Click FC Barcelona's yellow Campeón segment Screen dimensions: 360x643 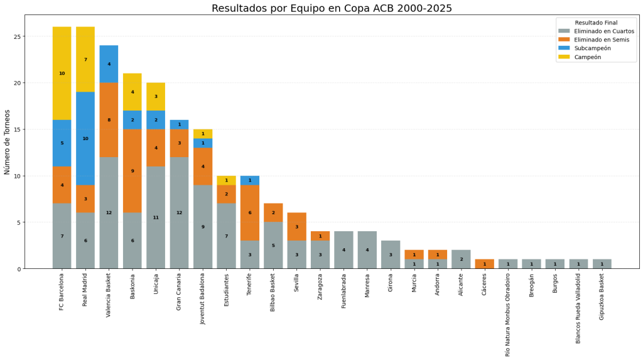[x=62, y=73]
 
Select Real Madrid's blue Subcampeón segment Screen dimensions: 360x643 [x=85, y=138]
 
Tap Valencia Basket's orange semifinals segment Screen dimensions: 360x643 [x=109, y=119]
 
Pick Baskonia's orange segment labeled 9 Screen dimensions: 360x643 [x=132, y=170]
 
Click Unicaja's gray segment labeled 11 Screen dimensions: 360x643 [x=156, y=217]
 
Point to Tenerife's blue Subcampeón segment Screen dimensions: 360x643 [x=250, y=180]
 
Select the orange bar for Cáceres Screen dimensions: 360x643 [x=484, y=264]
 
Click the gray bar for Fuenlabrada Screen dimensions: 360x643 [x=343, y=250]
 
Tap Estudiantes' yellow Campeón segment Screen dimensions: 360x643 [x=226, y=180]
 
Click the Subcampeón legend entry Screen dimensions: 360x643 [x=592, y=48]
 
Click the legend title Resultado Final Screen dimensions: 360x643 [x=596, y=22]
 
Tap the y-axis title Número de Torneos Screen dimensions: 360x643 [x=8, y=142]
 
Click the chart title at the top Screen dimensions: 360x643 [x=332, y=8]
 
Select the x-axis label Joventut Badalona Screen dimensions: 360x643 [x=203, y=298]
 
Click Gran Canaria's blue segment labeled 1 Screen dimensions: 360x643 [x=179, y=124]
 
